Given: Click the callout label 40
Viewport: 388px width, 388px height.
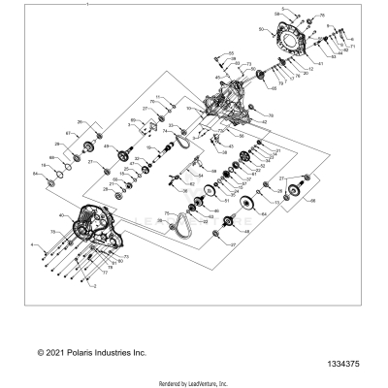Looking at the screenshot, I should click(x=63, y=215).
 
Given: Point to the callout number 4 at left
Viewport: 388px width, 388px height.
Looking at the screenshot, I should click(x=33, y=244).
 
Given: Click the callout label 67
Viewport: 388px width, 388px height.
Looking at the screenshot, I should click(x=67, y=133).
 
